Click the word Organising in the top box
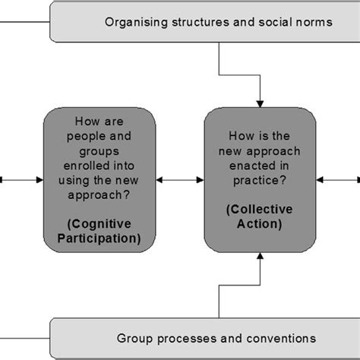(132, 22)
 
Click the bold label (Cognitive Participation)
(99, 230)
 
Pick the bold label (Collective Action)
(261, 216)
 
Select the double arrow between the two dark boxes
(180, 180)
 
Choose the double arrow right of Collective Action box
(337, 180)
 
